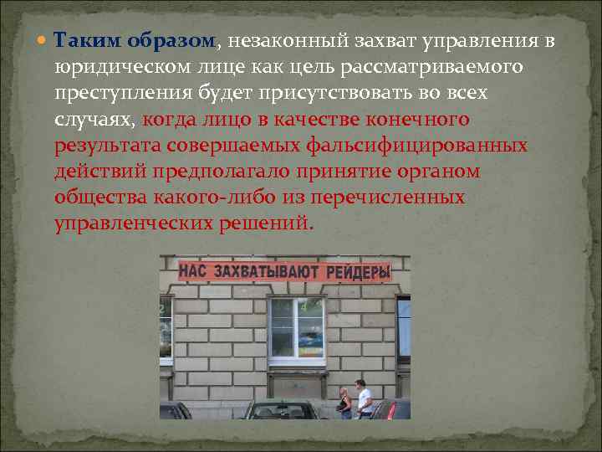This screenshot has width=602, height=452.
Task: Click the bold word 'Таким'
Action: click(82, 41)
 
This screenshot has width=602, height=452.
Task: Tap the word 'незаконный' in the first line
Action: click(282, 41)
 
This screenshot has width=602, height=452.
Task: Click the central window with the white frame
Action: click(296, 329)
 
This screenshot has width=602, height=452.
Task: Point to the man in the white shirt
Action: click(364, 398)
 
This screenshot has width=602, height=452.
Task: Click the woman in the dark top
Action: click(344, 403)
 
